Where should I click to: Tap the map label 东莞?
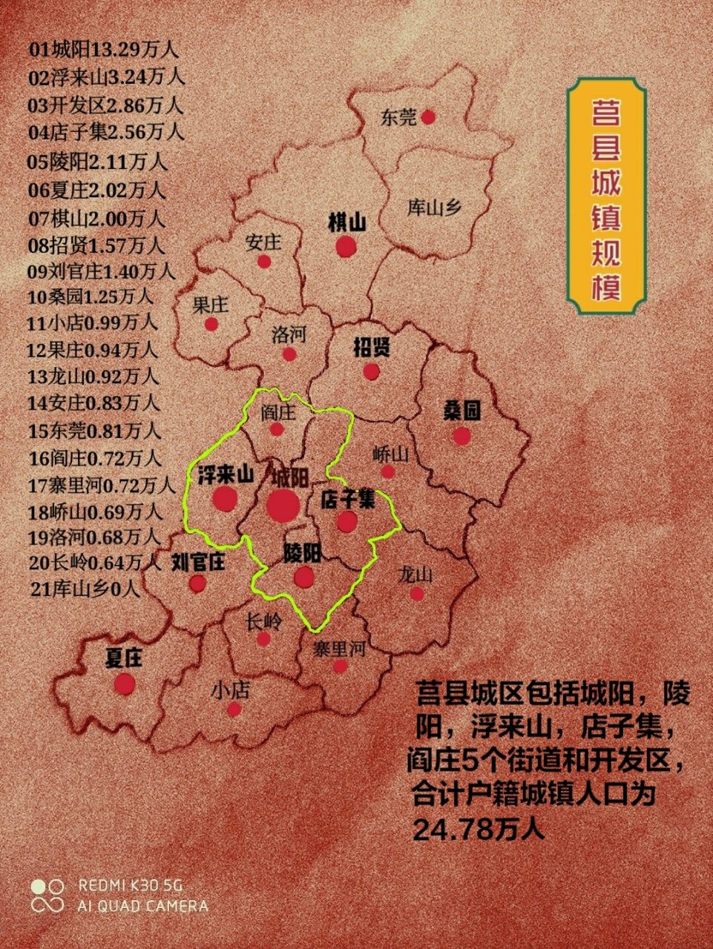point(398,117)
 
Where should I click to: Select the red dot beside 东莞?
point(428,117)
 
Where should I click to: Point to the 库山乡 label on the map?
point(435,208)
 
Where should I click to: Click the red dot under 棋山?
point(346,247)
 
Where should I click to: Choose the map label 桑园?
point(462,411)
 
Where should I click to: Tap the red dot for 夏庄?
point(125,684)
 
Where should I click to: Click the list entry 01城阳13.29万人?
point(103,50)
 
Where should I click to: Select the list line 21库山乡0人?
point(85,589)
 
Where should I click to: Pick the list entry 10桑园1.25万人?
point(91,297)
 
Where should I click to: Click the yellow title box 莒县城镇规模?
point(606,196)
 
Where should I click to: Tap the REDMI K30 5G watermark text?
point(131,885)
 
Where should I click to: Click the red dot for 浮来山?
point(224,499)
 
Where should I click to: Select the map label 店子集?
point(347,500)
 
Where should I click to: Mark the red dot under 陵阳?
point(303,577)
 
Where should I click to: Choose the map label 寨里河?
point(339,649)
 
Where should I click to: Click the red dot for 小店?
point(234,710)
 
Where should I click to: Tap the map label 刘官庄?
point(198,562)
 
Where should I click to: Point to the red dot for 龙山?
point(417,594)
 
